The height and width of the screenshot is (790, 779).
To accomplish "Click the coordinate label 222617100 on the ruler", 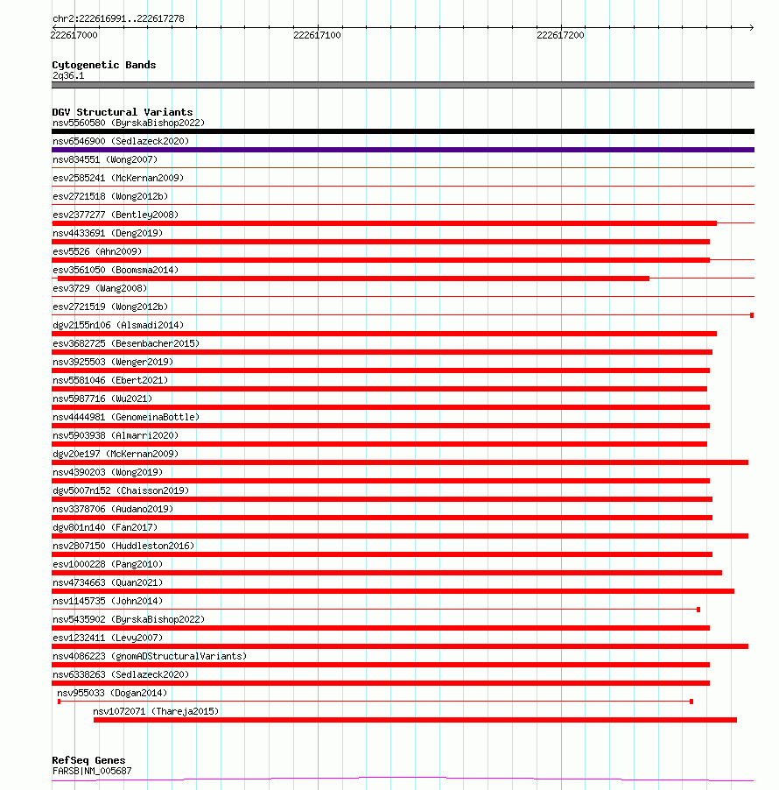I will pos(318,35).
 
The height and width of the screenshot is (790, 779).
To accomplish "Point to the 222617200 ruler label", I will pos(560,35).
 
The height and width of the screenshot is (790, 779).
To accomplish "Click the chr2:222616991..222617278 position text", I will pos(118,18).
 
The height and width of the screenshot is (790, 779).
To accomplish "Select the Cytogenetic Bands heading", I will pos(103,65).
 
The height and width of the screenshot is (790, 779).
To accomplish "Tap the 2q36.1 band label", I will pos(68,75).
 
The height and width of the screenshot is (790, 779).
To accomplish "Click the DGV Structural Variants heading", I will pos(122,112).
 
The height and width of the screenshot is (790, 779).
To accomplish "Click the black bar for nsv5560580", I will pos(403,131).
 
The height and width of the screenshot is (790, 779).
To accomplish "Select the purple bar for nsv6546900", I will pos(403,150).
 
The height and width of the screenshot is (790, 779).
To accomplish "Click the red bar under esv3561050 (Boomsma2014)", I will pos(350,279).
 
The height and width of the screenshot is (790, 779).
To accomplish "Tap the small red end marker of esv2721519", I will pos(752,314).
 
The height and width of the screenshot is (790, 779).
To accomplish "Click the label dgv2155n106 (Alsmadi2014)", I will pos(118,325).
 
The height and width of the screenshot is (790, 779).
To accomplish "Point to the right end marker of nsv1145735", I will pos(698,609).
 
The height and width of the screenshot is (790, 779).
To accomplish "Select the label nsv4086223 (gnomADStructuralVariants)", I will pos(150,656).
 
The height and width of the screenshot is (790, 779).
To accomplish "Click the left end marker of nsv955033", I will pos(59,702).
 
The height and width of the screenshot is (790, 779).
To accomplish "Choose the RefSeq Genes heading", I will pos(88,760).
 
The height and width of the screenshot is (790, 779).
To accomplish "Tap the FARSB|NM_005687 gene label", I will pos(92,771).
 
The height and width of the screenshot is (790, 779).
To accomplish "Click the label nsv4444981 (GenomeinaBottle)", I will pos(126,417).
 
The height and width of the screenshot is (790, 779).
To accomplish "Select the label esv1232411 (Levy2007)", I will pos(108,638).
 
